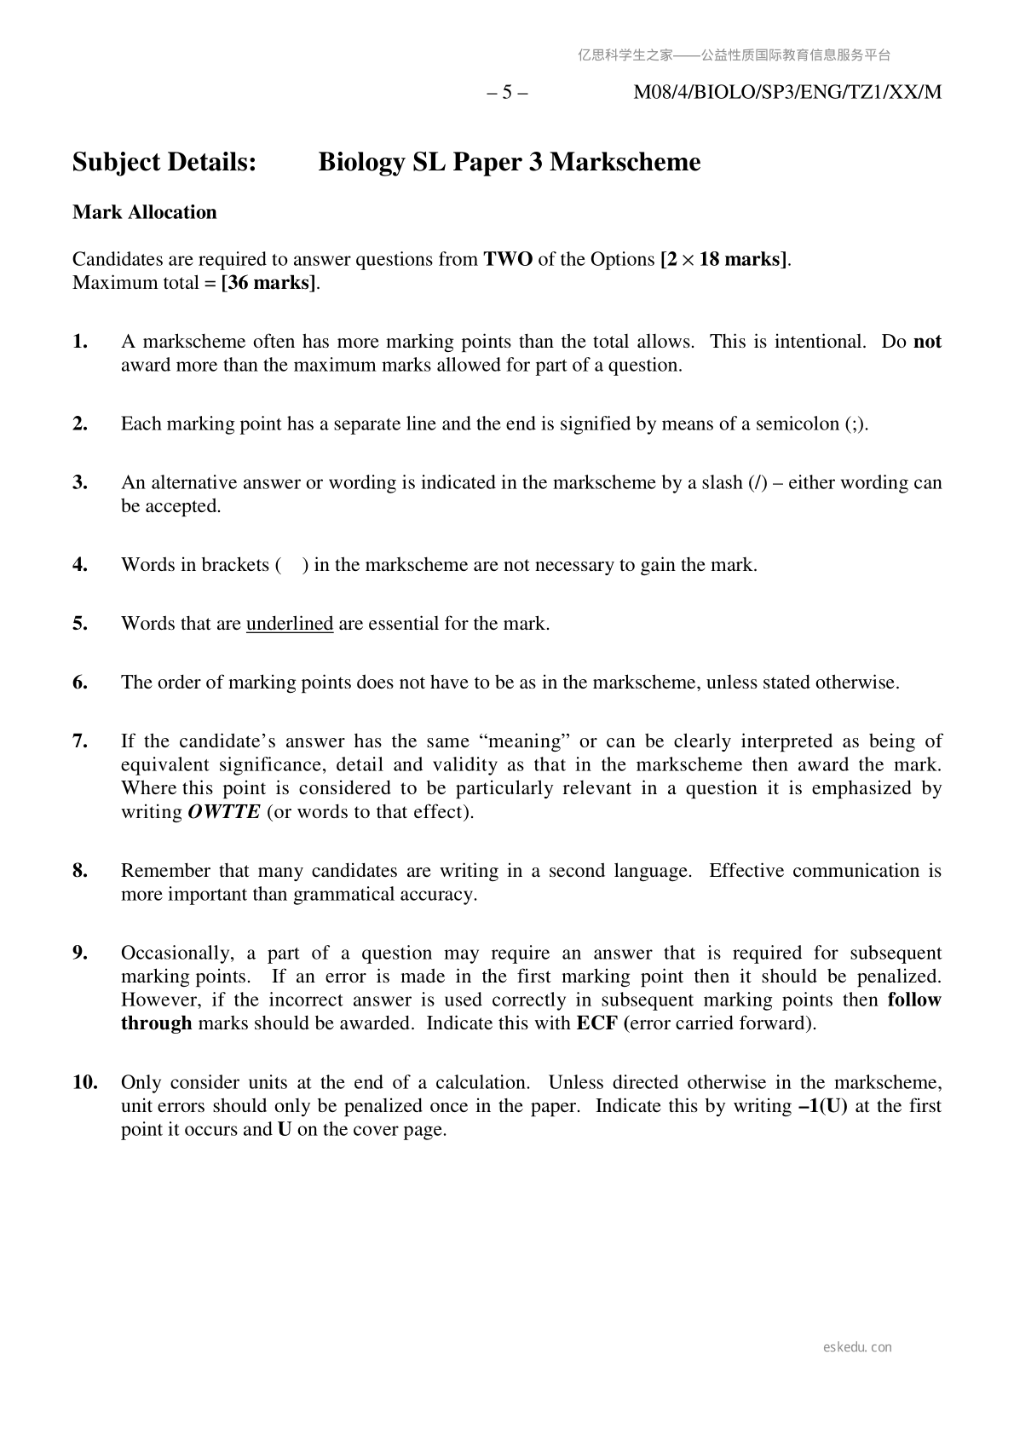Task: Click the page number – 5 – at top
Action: [507, 93]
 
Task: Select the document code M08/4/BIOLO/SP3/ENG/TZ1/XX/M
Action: [787, 93]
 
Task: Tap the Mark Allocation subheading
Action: [145, 212]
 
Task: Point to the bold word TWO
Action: [508, 259]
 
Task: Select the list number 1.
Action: [80, 342]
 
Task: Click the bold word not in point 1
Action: [927, 342]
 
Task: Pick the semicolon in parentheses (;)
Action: [856, 424]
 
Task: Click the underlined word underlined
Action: [290, 624]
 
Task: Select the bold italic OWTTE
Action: [223, 812]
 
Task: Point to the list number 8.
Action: [80, 871]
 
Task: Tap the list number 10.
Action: [84, 1082]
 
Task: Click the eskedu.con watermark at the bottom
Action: [857, 1347]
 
